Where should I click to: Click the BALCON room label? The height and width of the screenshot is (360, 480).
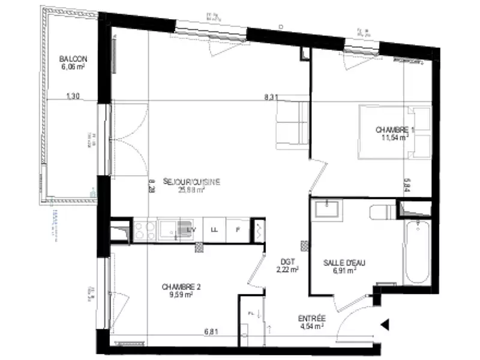(x=73, y=59)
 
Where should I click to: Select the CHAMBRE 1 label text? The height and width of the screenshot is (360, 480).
(x=395, y=130)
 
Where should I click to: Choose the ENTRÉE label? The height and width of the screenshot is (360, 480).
(x=312, y=319)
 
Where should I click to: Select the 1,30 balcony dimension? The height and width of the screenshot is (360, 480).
(x=73, y=96)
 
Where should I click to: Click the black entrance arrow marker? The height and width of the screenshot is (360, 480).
(x=385, y=325)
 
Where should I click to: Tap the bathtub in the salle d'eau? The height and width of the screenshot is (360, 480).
(x=417, y=253)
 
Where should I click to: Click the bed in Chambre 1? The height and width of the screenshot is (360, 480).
(x=395, y=132)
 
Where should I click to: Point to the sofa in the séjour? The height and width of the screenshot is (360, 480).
(x=292, y=125)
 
